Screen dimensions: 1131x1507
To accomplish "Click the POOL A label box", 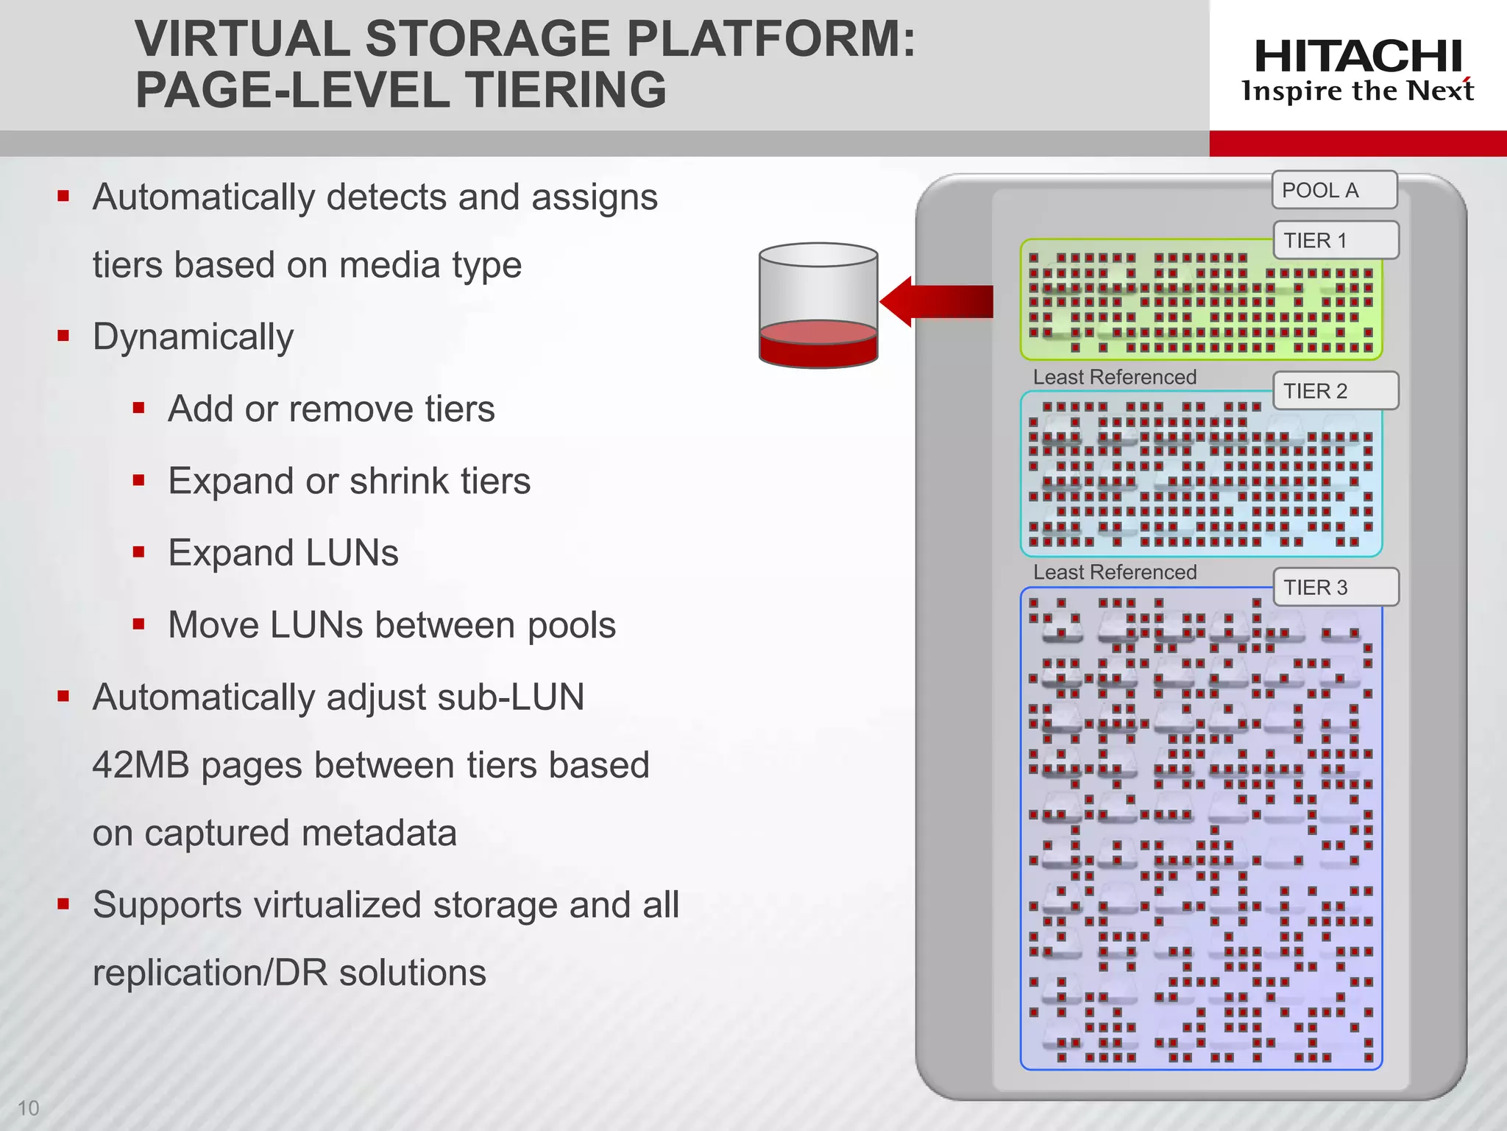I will (1334, 190).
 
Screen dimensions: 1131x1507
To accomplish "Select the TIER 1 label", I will (1335, 240).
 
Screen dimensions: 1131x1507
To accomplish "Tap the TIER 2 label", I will (1335, 390).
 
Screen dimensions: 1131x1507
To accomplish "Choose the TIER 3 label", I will (1335, 587).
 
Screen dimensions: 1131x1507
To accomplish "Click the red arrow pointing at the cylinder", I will (935, 301).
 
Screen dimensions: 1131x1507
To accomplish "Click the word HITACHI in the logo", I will (1358, 57).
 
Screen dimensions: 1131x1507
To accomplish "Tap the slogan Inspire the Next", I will (1358, 91).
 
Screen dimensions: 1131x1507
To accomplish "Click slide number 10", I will (28, 1107).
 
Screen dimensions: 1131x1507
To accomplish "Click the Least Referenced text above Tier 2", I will (1114, 377).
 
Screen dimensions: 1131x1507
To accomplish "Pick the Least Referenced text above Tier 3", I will (1114, 572).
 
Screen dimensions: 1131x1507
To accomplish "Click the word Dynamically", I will (193, 337).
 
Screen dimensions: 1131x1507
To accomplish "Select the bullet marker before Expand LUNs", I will (138, 552).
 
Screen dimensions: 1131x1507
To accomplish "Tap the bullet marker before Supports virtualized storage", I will (63, 903).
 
